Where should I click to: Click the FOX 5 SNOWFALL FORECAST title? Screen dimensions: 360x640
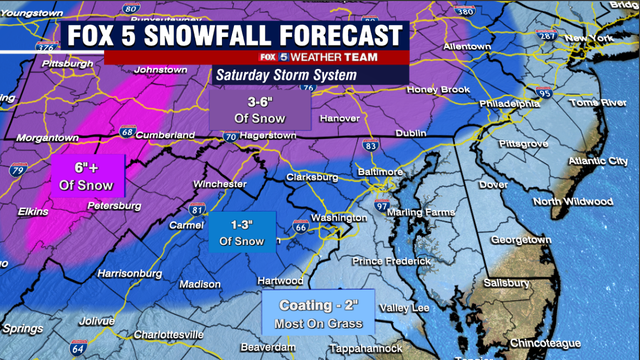(x=236, y=35)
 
